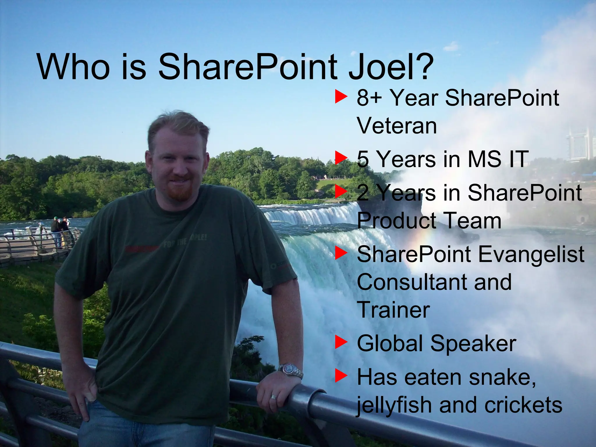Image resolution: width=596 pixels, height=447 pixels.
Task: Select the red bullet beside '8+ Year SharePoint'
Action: coord(341,97)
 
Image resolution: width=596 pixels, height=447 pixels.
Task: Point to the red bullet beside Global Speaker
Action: coord(341,342)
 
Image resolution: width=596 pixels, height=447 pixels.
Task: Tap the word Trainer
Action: coord(393,310)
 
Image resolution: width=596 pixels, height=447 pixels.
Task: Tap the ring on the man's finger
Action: coord(274,397)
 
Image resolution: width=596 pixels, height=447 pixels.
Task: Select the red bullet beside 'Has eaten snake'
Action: coord(341,375)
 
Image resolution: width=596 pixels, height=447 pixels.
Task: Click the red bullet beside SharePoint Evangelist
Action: coord(341,253)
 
